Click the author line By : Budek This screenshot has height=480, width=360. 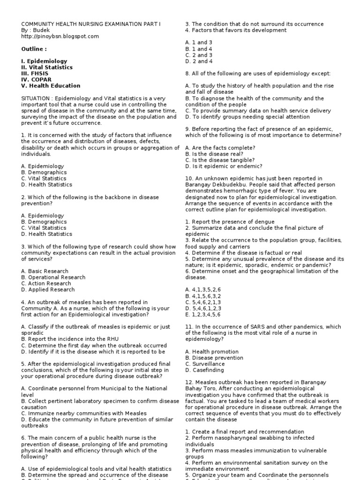[x=36, y=30]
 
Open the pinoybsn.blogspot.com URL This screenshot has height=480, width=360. [x=60, y=36]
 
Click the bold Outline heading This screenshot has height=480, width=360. [x=34, y=49]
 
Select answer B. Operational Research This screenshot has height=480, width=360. [x=53, y=277]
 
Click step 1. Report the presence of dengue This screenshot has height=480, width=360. [x=226, y=222]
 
